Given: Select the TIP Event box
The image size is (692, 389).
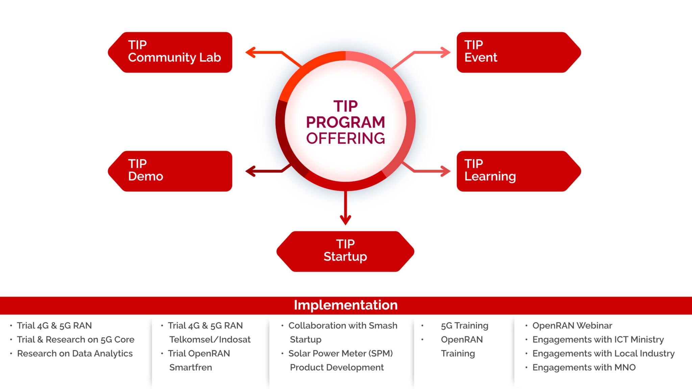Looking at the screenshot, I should (x=518, y=52).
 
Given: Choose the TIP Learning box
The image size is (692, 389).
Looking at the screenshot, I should (x=518, y=171).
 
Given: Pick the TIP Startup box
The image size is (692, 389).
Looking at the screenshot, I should (x=345, y=252).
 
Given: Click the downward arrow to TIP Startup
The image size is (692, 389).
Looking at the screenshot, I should (x=345, y=208).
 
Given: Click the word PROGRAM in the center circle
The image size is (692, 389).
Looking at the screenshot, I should (x=345, y=122).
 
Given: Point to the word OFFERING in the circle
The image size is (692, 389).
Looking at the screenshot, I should (x=345, y=138).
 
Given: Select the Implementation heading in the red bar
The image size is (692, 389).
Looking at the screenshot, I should (x=345, y=305).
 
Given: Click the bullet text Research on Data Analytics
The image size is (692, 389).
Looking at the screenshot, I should (x=75, y=354).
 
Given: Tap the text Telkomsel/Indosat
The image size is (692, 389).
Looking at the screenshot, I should (x=210, y=339).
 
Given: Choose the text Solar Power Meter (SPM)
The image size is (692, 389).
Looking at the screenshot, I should (x=340, y=354).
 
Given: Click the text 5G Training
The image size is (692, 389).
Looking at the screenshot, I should (x=464, y=326).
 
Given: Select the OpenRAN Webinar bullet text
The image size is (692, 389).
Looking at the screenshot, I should (x=572, y=326).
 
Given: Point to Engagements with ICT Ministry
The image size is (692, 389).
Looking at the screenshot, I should (x=598, y=339).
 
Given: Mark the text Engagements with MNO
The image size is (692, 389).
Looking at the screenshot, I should (x=584, y=367).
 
